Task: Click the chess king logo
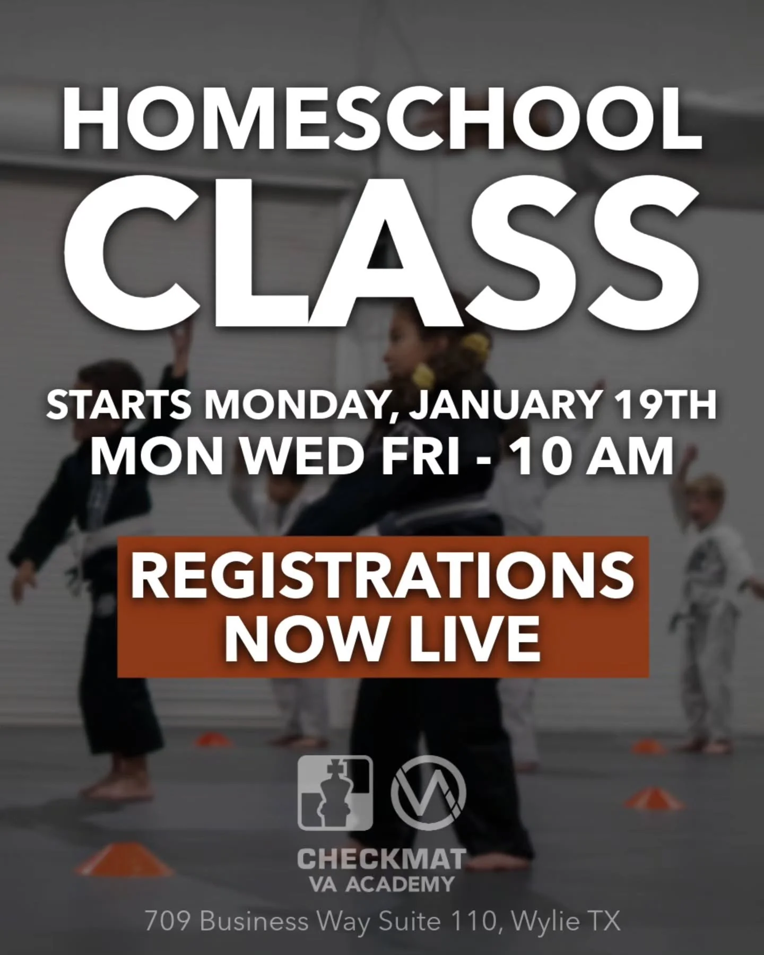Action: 335,793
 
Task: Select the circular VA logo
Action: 428,793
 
